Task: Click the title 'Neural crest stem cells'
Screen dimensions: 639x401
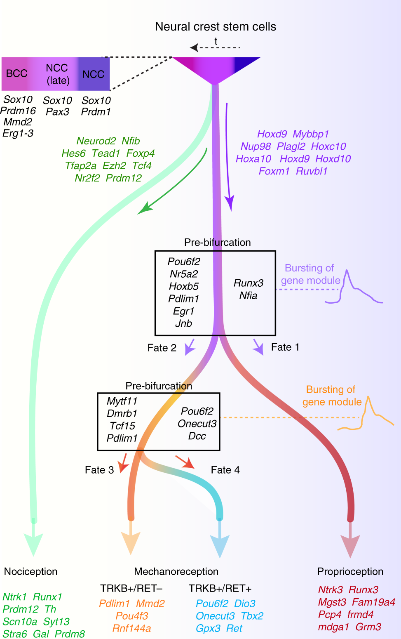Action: tap(215, 27)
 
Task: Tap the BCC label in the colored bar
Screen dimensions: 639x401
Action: tap(16, 73)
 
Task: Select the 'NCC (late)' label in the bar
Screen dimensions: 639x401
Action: tap(57, 74)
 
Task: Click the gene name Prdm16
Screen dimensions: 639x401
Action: tap(18, 111)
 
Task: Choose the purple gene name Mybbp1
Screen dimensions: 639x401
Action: tap(311, 134)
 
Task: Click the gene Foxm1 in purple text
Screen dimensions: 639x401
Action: tap(274, 171)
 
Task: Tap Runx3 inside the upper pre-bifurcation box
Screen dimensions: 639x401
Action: tap(248, 283)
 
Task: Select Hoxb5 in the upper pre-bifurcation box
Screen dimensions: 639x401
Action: tap(184, 286)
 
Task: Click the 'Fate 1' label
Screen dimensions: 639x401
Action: tap(285, 347)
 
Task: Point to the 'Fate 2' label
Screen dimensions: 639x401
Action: tap(162, 348)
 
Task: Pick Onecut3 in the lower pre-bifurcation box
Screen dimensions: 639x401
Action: tap(197, 424)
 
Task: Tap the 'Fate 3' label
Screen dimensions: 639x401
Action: tap(99, 470)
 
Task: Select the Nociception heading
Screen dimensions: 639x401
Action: tap(31, 571)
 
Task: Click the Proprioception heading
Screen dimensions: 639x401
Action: tap(350, 571)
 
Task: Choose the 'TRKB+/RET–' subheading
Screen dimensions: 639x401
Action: tap(131, 588)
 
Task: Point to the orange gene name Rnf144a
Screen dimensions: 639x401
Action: tap(132, 628)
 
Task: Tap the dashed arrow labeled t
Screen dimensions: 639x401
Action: tap(215, 48)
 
